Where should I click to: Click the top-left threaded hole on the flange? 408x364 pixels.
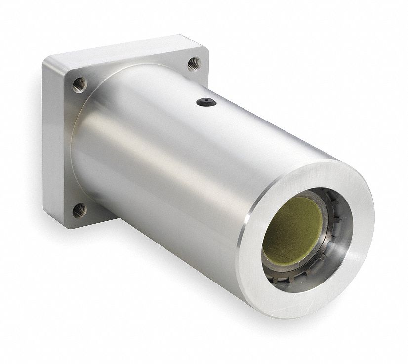(80, 84)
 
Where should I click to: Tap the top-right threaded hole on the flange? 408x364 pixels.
(194, 63)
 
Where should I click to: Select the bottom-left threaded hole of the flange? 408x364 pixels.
(80, 210)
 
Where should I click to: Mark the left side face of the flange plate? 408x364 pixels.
(49, 148)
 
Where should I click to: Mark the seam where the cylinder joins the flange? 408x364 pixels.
(74, 148)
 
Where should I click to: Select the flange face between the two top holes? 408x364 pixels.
(138, 64)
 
